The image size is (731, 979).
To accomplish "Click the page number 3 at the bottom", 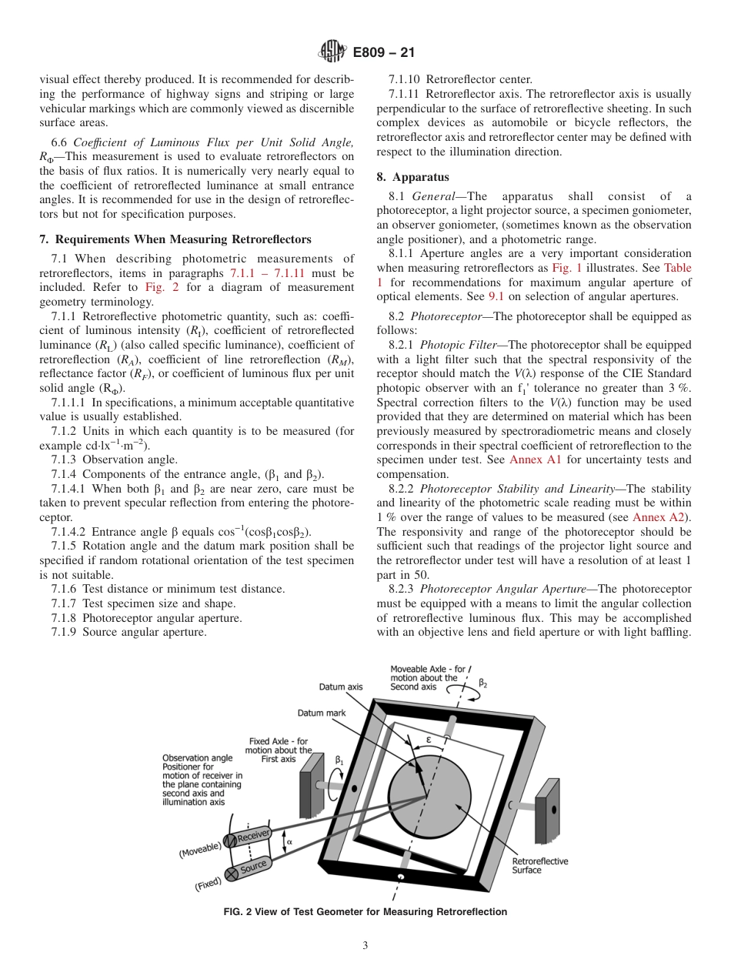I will [x=365, y=945].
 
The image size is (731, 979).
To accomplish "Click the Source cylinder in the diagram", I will [x=252, y=868].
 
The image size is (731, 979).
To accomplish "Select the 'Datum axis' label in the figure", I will [x=341, y=687].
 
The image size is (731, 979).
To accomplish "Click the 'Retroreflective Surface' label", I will [x=540, y=865].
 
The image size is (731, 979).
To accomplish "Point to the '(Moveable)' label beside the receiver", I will [x=200, y=849].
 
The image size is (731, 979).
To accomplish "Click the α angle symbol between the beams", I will [x=289, y=842].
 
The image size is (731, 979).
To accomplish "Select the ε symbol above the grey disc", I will [x=429, y=740].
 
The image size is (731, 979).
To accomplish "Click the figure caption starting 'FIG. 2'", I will [x=365, y=912].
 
